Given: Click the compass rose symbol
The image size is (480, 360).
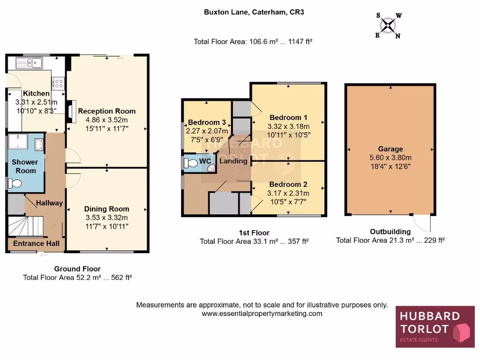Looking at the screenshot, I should (388, 25).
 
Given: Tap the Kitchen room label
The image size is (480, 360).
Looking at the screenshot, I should (37, 93).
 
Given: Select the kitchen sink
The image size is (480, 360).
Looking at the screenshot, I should (29, 62).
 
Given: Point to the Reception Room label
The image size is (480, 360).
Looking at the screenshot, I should (106, 111).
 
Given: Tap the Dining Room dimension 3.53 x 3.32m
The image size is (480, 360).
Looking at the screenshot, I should (107, 217).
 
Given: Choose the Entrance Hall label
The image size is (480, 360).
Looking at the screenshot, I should (37, 243).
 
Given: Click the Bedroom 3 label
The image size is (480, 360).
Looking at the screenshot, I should (207, 122).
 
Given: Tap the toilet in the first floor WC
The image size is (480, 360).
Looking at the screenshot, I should (191, 163).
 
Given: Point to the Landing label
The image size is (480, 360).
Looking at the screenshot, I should (233, 161).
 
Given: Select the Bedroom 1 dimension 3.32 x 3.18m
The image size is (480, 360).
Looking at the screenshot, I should (288, 126).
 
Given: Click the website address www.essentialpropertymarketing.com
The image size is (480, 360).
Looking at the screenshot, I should (262, 314).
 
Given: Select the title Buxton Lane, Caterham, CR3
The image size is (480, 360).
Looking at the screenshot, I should (254, 12).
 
